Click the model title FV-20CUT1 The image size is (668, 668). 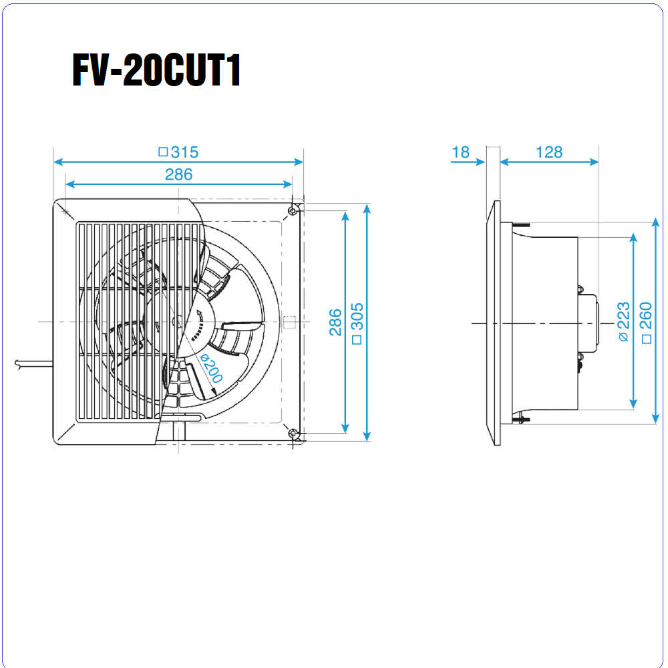click(156, 70)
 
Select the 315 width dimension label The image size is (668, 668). click(184, 152)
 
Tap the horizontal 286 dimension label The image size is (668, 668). click(178, 174)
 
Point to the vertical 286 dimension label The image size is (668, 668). click(335, 323)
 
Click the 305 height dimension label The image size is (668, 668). click(357, 317)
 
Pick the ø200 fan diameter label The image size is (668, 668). click(211, 368)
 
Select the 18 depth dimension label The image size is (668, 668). click(460, 152)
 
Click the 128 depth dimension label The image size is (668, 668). click(548, 152)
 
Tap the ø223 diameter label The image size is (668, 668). click(623, 322)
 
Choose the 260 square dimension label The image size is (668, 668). click(646, 315)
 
